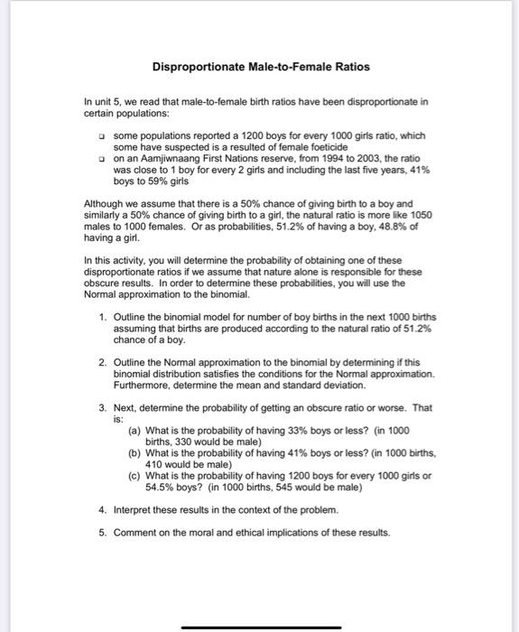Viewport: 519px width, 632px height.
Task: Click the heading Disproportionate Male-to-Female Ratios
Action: click(260, 67)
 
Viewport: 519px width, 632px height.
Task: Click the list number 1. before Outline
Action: click(106, 319)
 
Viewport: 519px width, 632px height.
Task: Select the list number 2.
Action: click(106, 361)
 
